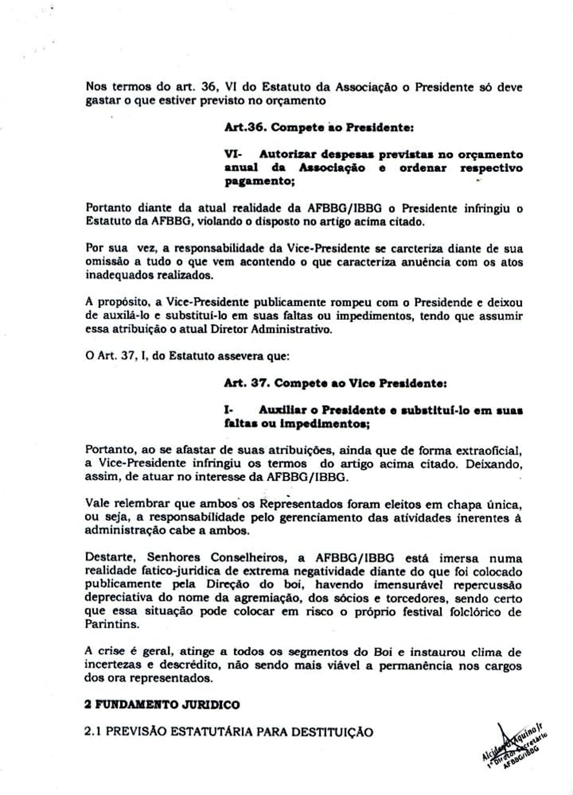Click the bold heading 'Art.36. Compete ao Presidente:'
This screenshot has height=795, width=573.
pos(319,128)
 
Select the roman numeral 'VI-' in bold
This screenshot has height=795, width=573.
pos(233,155)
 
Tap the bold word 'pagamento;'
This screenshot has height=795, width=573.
pos(259,181)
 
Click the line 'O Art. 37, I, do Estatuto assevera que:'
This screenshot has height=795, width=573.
pos(187,356)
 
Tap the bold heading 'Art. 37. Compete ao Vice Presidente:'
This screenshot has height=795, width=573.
pos(335,383)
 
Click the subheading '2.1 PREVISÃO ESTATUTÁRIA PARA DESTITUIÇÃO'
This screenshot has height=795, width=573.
pos(229,732)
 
